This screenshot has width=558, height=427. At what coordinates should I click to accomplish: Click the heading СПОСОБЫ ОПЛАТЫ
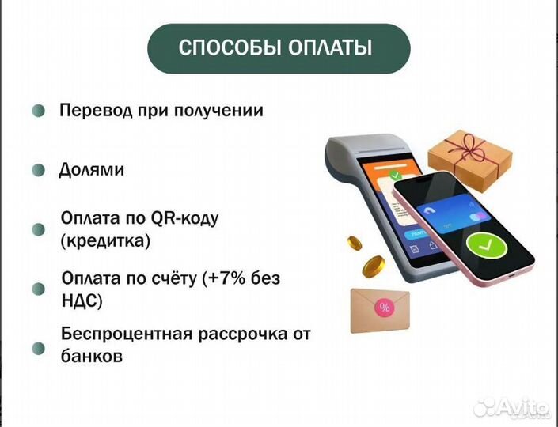click(279, 48)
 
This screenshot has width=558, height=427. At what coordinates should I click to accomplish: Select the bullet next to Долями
click(38, 170)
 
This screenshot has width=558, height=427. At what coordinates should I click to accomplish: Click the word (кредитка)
click(105, 240)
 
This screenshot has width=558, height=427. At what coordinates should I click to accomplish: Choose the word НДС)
click(82, 301)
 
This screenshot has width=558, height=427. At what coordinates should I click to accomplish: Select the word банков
click(91, 356)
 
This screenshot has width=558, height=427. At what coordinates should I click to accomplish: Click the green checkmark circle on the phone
click(482, 248)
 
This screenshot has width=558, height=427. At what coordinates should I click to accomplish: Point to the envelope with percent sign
click(381, 311)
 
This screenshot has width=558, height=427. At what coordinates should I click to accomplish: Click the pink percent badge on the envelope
click(385, 308)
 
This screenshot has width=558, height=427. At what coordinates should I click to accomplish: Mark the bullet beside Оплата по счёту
click(37, 289)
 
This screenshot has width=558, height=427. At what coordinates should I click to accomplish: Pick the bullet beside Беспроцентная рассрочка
click(37, 347)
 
